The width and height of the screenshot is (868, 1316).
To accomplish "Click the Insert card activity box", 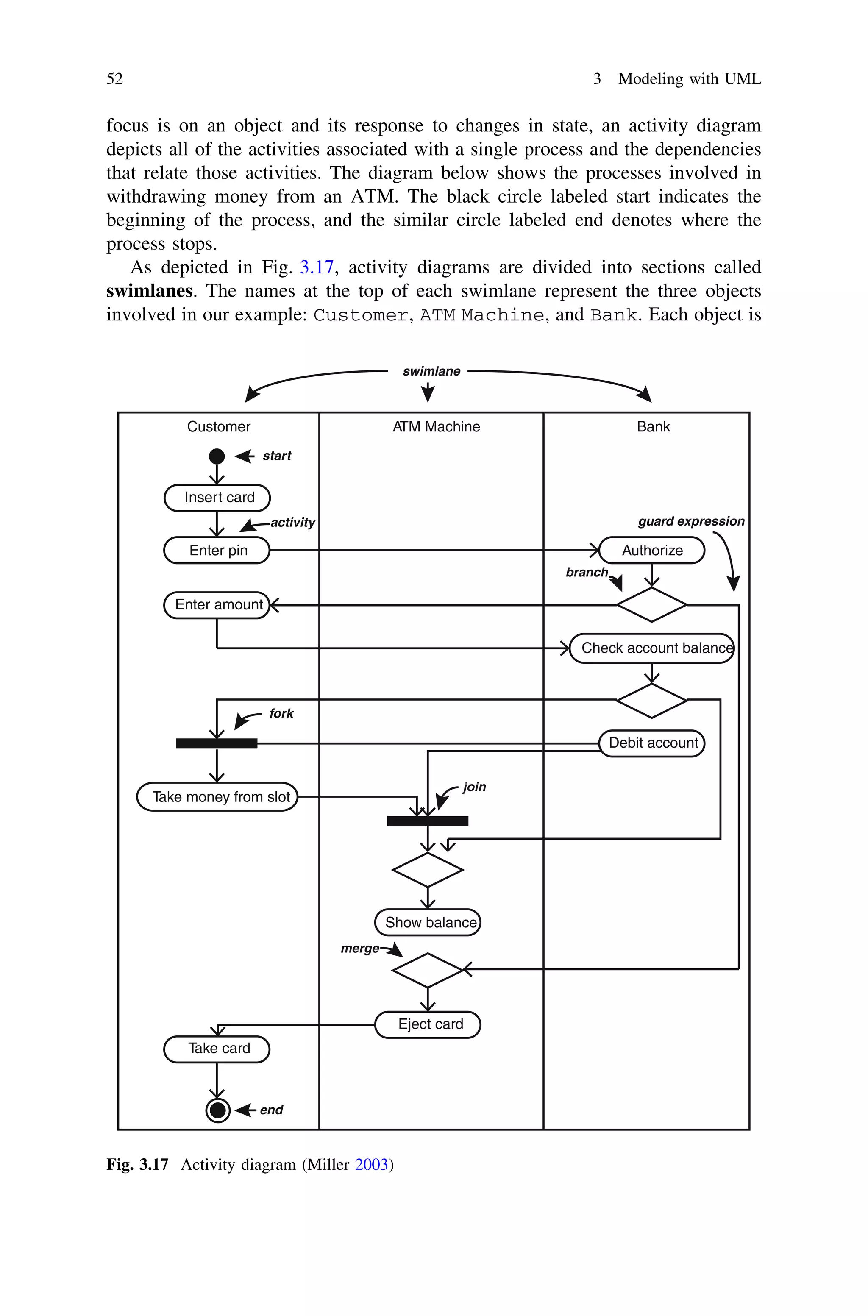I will (217, 498).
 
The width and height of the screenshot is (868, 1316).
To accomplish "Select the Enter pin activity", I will (217, 550).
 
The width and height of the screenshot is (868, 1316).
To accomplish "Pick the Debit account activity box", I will (652, 743).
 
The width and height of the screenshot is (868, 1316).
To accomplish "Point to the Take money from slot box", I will (217, 796).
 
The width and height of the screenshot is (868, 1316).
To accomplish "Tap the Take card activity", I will (217, 1049).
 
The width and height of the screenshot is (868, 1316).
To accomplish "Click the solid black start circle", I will (217, 456).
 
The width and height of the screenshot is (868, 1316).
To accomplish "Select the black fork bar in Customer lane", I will (217, 743).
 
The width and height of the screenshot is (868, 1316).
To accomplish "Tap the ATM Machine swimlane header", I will (436, 427).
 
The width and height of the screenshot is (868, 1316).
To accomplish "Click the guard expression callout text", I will (691, 521).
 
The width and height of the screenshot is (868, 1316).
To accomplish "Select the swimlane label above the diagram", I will (431, 371).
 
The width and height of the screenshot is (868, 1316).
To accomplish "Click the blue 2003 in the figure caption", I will (371, 1164).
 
